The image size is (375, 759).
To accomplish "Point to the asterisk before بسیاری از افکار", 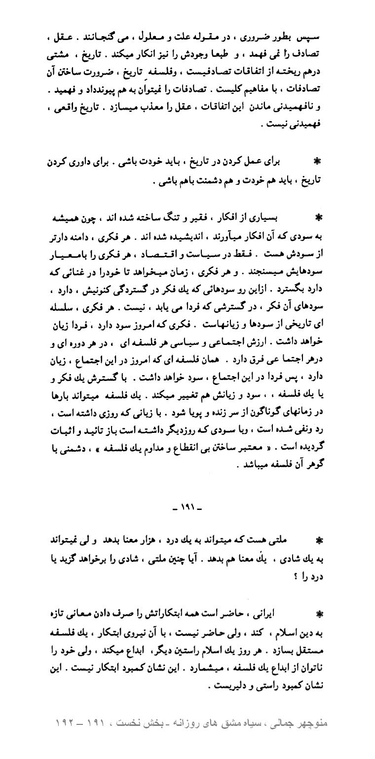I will click(317, 216).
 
